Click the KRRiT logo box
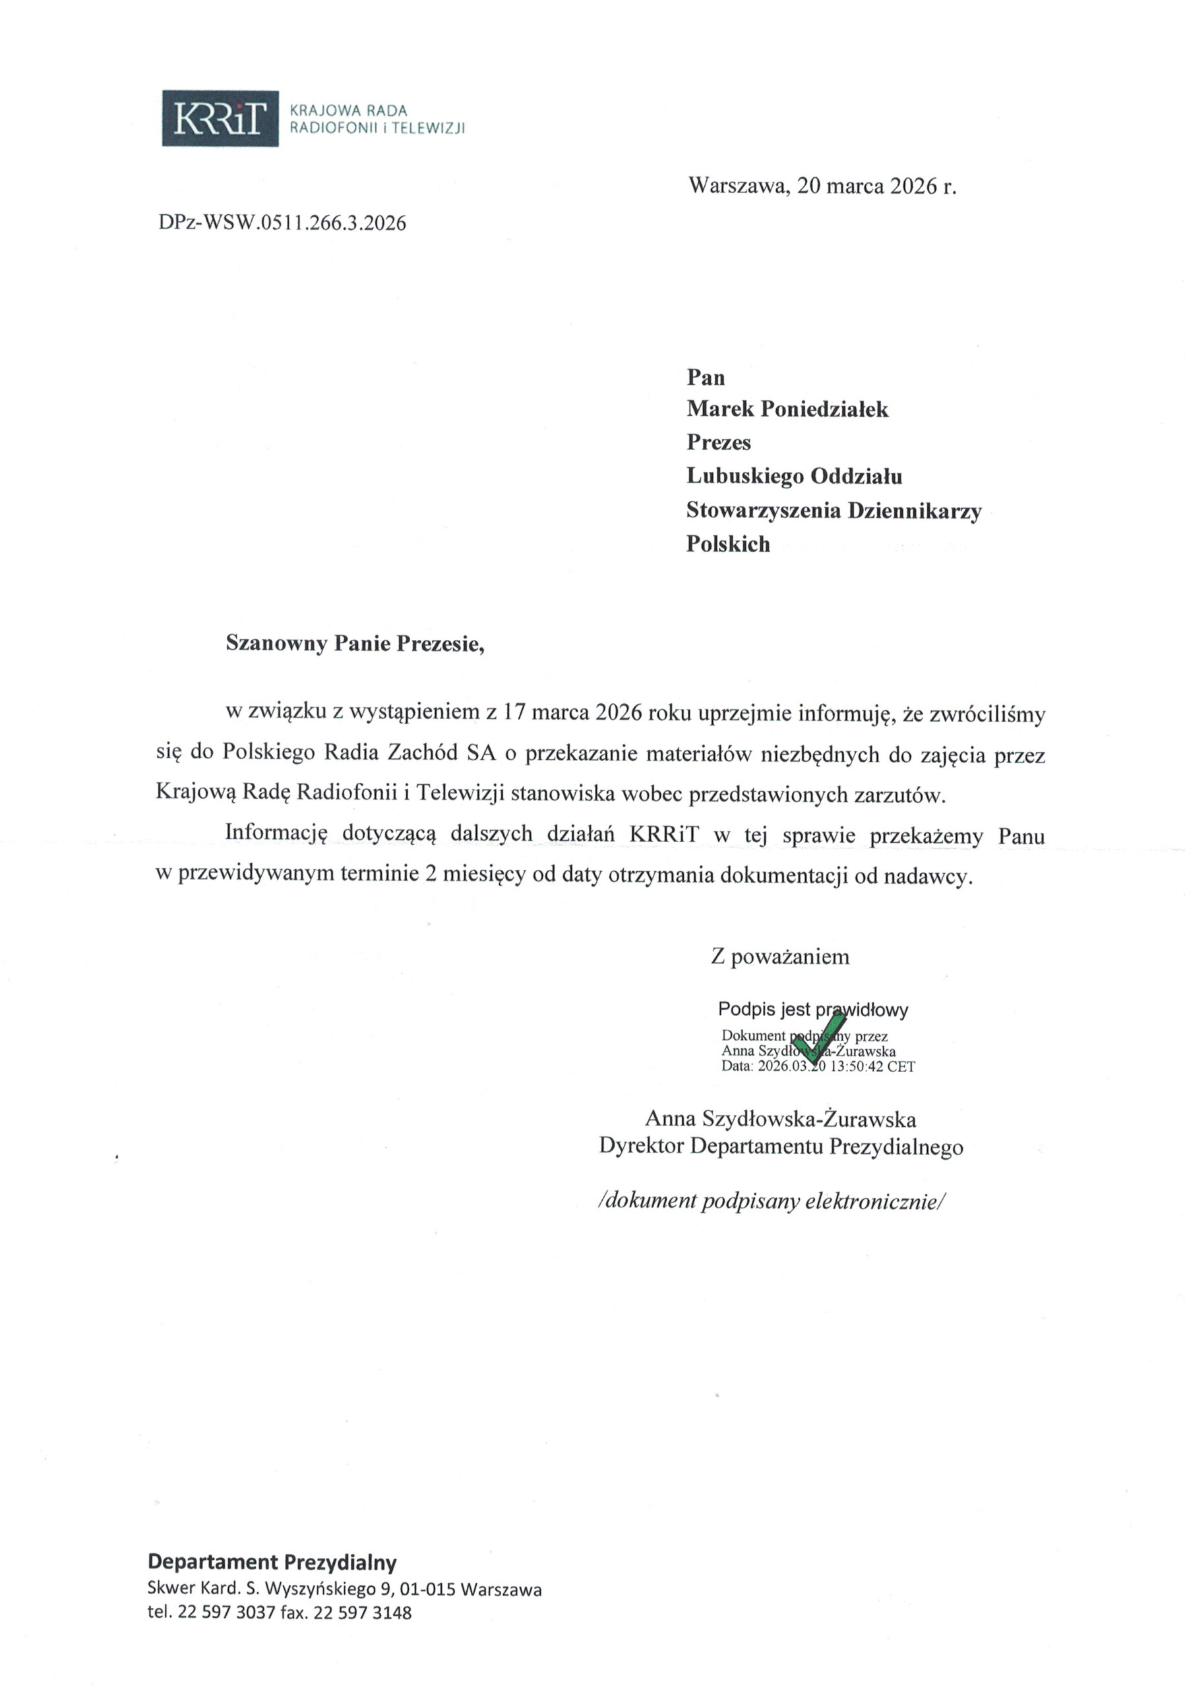[220, 119]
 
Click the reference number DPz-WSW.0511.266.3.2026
[282, 223]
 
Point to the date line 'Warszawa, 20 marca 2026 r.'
[822, 186]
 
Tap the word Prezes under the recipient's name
[718, 442]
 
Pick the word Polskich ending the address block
[728, 544]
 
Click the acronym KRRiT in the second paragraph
[664, 836]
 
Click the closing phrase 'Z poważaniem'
[780, 957]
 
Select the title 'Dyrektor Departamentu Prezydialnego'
[781, 1146]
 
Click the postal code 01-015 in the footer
[427, 1590]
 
